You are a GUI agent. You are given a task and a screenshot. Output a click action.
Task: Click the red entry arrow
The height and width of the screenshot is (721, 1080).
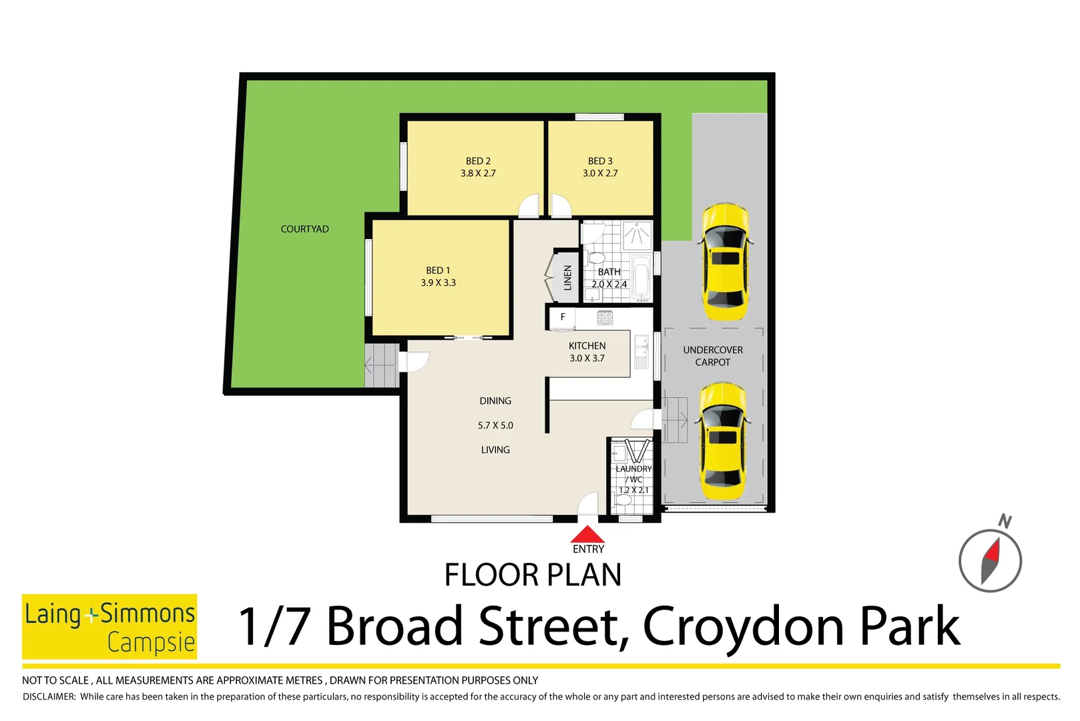pyautogui.click(x=587, y=535)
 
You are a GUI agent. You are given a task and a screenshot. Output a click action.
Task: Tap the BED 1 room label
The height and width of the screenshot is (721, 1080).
pyautogui.click(x=438, y=271)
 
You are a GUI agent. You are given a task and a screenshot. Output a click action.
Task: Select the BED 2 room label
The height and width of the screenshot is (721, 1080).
pyautogui.click(x=478, y=162)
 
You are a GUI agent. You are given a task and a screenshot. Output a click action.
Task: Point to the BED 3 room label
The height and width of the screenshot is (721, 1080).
pyautogui.click(x=600, y=162)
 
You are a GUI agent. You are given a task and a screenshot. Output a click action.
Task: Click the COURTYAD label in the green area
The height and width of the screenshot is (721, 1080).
pyautogui.click(x=304, y=229)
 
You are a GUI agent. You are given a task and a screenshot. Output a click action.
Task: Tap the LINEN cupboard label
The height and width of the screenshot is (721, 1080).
pyautogui.click(x=567, y=277)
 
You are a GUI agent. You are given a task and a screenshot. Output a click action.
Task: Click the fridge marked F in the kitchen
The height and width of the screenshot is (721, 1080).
pyautogui.click(x=563, y=317)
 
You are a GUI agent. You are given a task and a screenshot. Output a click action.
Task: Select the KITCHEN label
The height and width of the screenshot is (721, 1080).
pyautogui.click(x=587, y=346)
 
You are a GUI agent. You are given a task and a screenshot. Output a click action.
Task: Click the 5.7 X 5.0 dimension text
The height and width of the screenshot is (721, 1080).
pyautogui.click(x=495, y=425)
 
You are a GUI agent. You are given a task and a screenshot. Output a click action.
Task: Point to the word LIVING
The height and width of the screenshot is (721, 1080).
pyautogui.click(x=495, y=450)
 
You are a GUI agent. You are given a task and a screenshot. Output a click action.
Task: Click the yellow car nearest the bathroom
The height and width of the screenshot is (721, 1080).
pyautogui.click(x=724, y=262)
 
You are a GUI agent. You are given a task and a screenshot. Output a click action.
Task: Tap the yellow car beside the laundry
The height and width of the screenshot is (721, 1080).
pyautogui.click(x=722, y=441)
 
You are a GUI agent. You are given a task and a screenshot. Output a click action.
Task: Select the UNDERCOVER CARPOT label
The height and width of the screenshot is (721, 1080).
pyautogui.click(x=713, y=356)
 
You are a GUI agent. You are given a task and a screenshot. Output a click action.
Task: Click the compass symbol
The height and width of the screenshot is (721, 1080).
pyautogui.click(x=990, y=560)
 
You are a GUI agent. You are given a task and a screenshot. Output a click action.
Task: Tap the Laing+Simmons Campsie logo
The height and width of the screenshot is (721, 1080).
pyautogui.click(x=109, y=626)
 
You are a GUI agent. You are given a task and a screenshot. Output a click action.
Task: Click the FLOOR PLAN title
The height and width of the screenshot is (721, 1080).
pyautogui.click(x=533, y=575)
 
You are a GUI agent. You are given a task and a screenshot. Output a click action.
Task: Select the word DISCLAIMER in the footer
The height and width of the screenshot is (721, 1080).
pyautogui.click(x=49, y=697)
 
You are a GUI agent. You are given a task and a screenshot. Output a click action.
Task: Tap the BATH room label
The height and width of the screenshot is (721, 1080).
pyautogui.click(x=609, y=272)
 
